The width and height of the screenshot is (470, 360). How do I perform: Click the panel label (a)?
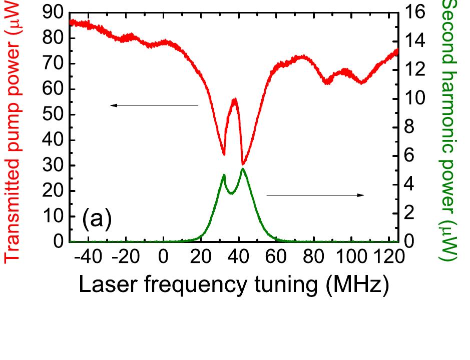[x=97, y=219]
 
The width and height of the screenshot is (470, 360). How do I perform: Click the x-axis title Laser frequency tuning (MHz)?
[x=234, y=285]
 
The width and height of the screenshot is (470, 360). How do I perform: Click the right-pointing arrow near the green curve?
[x=315, y=195]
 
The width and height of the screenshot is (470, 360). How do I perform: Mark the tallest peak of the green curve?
[x=243, y=169]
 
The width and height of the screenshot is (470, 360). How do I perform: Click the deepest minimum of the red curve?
[x=243, y=163]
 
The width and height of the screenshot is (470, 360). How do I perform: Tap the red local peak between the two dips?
[x=234, y=99]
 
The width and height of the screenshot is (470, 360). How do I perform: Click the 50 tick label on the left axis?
[x=54, y=114]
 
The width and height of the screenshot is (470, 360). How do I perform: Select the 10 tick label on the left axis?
[x=54, y=216]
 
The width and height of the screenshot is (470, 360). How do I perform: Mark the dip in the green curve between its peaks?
[x=231, y=193]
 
